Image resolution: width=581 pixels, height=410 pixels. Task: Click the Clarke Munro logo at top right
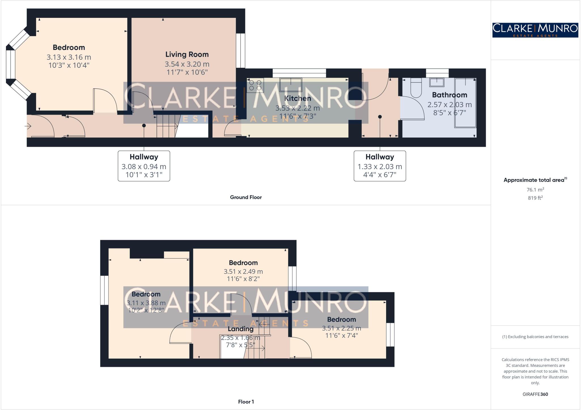[x=535, y=30]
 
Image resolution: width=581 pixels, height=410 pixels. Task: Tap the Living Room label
[x=187, y=54]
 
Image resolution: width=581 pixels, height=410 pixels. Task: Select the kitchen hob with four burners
[x=255, y=85]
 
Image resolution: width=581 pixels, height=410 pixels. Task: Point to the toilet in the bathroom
[x=416, y=88]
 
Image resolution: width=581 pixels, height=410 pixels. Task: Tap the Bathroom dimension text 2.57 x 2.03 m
[x=449, y=105]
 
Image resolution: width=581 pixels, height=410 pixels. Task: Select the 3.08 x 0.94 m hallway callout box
[x=144, y=166]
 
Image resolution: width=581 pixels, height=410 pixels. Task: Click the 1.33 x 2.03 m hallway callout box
[x=380, y=166]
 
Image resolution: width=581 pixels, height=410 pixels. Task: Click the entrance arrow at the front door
[x=28, y=126]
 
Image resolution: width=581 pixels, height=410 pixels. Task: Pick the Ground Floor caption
[x=246, y=197]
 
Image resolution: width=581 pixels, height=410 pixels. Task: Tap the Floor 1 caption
[x=246, y=402]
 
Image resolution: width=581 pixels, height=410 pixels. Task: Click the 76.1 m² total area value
[x=535, y=190]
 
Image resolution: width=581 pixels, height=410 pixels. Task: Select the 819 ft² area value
[x=535, y=198]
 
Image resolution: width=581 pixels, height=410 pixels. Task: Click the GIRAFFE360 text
[x=535, y=394]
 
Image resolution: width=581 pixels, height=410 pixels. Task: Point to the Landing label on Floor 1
[x=241, y=329]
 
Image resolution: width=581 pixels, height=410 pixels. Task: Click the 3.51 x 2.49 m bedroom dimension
[x=243, y=272]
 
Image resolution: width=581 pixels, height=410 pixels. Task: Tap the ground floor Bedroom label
[x=69, y=47]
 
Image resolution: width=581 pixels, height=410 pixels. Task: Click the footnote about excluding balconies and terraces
[x=535, y=337]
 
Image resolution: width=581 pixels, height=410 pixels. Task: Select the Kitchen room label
[x=297, y=98]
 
